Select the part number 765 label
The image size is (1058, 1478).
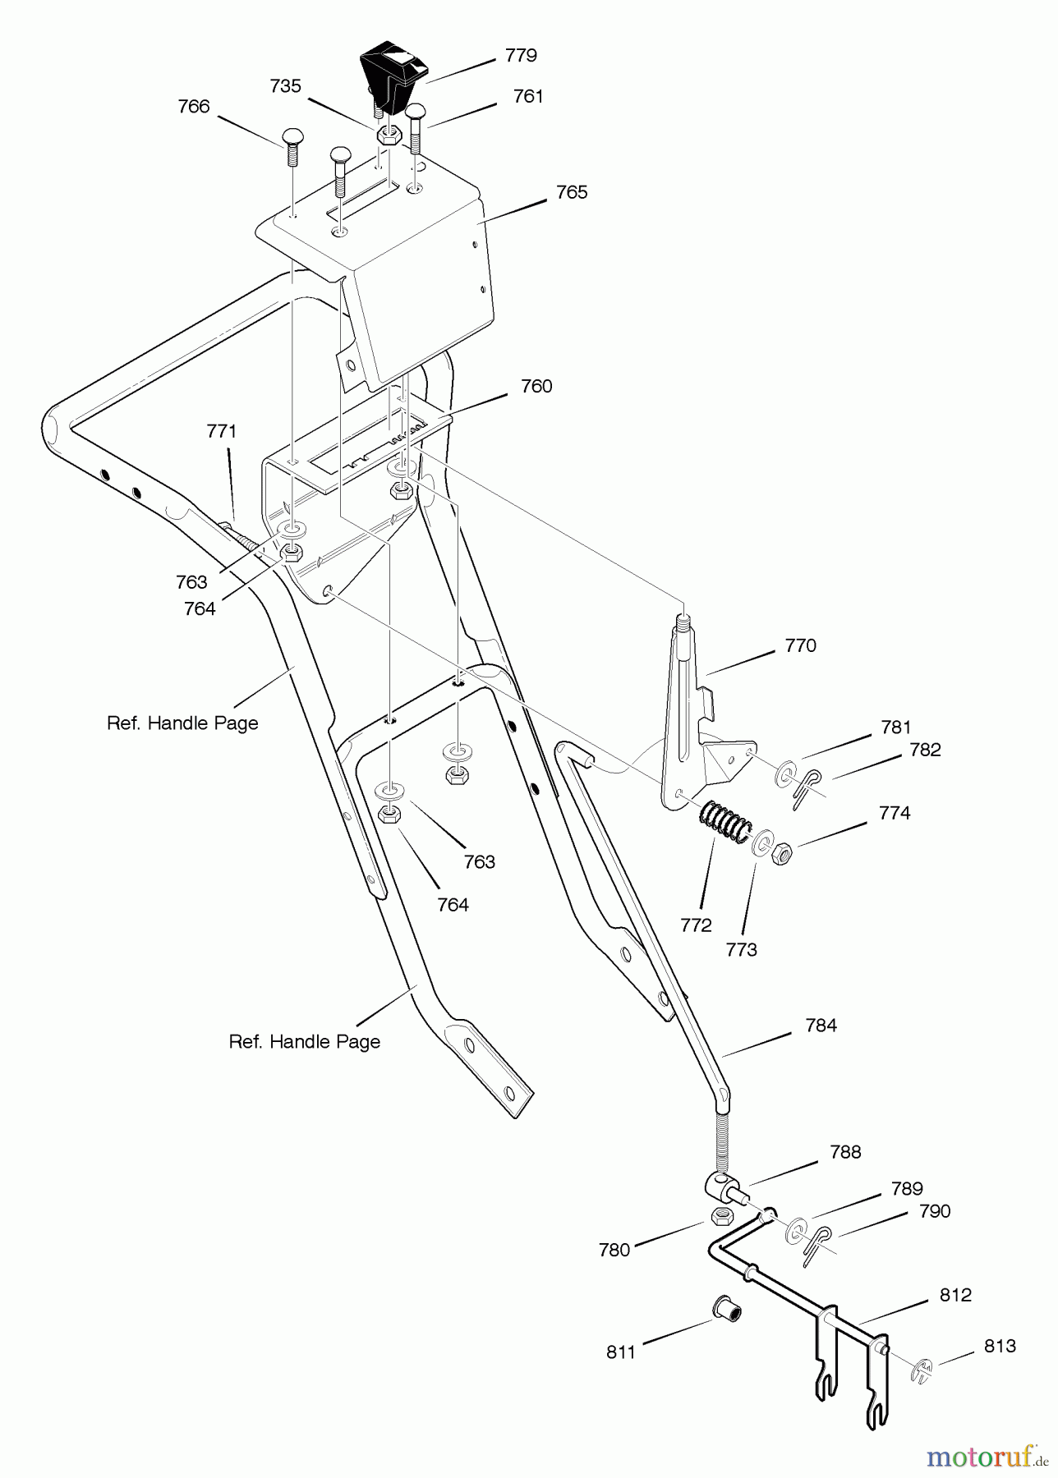pyautogui.click(x=572, y=192)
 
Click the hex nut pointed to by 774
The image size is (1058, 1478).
pyautogui.click(x=783, y=855)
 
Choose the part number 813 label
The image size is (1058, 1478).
pyautogui.click(x=1000, y=1346)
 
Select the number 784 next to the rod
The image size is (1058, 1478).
pyautogui.click(x=821, y=1025)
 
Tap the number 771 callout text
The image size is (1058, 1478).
pyautogui.click(x=221, y=431)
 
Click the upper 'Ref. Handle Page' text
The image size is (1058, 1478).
pyautogui.click(x=182, y=723)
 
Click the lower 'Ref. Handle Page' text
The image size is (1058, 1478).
pyautogui.click(x=304, y=1042)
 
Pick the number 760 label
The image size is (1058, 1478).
pyautogui.click(x=536, y=386)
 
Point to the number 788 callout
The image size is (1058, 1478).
pyautogui.click(x=845, y=1152)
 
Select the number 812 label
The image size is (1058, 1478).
pyautogui.click(x=955, y=1295)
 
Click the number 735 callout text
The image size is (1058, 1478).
pyautogui.click(x=285, y=86)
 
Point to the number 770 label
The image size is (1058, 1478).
pyautogui.click(x=800, y=645)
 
